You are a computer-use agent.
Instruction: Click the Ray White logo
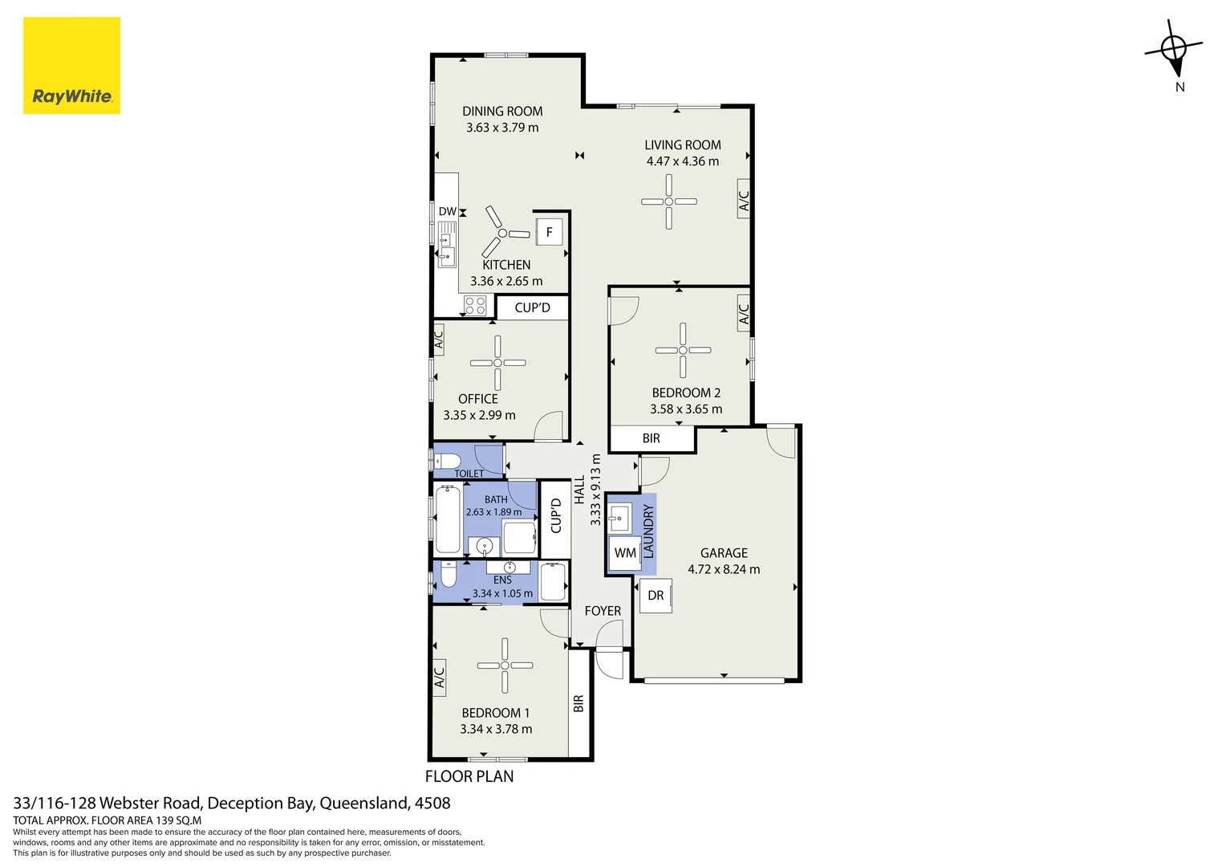tap(71, 66)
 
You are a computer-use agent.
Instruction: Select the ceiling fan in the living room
tap(669, 201)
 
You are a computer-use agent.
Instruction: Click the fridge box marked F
tap(550, 232)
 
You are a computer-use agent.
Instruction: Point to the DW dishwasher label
tap(447, 211)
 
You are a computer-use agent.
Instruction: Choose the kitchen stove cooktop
tap(474, 306)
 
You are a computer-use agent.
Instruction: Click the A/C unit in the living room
tap(743, 199)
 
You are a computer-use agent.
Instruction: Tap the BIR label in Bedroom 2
tap(652, 438)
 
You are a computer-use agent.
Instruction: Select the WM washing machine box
tap(625, 552)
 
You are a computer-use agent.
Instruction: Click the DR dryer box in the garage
tap(656, 596)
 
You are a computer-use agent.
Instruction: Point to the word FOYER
tap(603, 611)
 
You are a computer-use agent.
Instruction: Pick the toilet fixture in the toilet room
tap(447, 461)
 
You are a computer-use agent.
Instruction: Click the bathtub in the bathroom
tap(448, 519)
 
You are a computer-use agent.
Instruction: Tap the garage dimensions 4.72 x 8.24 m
tap(724, 569)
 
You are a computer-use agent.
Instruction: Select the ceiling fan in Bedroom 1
tap(505, 666)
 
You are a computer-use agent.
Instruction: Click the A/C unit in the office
tap(438, 339)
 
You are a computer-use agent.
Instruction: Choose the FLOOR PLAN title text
tap(469, 776)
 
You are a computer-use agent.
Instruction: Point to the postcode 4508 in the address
tap(432, 803)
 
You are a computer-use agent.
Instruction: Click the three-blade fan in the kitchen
tap(503, 232)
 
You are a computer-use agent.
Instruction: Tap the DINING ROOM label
tap(502, 111)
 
